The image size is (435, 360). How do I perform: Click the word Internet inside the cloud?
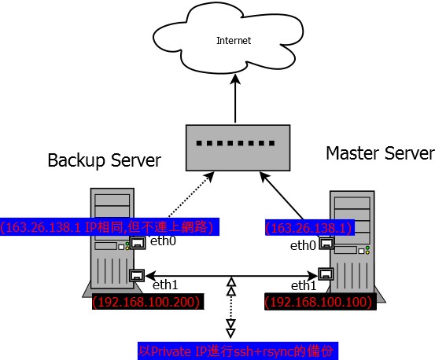pyautogui.click(x=234, y=41)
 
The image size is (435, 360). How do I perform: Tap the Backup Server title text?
pyautogui.click(x=105, y=160)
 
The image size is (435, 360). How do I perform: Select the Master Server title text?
pyautogui.click(x=381, y=153)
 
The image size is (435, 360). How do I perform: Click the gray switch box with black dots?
pyautogui.click(x=238, y=148)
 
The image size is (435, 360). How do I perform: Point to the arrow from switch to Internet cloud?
pyautogui.click(x=235, y=98)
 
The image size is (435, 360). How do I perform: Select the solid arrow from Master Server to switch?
pyautogui.click(x=282, y=196)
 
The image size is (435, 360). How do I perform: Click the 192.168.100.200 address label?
pyautogui.click(x=148, y=302)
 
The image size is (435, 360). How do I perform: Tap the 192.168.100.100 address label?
pyautogui.click(x=320, y=302)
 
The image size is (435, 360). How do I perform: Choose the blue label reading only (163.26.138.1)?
pyautogui.click(x=310, y=228)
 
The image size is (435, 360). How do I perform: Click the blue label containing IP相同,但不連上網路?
pyautogui.click(x=109, y=227)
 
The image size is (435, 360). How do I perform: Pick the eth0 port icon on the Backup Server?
pyautogui.click(x=138, y=243)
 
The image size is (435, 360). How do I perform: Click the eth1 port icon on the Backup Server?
pyautogui.click(x=137, y=275)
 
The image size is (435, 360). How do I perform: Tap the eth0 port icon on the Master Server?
pyautogui.click(x=326, y=244)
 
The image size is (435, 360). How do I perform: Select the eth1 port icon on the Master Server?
pyautogui.click(x=326, y=274)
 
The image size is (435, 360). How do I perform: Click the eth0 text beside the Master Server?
pyautogui.click(x=303, y=245)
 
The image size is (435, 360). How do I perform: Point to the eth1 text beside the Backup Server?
pyautogui.click(x=165, y=285)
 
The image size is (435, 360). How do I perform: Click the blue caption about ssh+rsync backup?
pyautogui.click(x=238, y=351)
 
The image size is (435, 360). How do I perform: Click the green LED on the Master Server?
pyautogui.click(x=367, y=248)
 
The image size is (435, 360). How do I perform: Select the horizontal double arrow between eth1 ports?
pyautogui.click(x=231, y=276)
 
